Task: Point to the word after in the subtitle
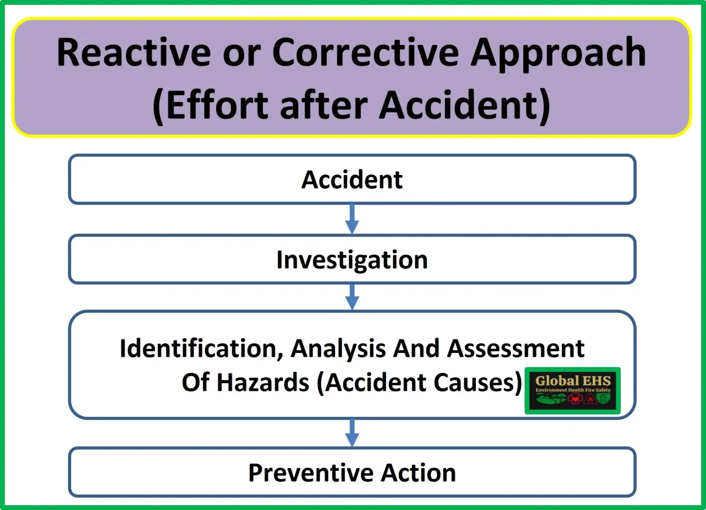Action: pyautogui.click(x=324, y=104)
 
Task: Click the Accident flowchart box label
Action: pyautogui.click(x=352, y=179)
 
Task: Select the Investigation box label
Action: pyautogui.click(x=352, y=261)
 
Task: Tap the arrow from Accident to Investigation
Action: pyautogui.click(x=352, y=219)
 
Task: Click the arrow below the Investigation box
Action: pyautogui.click(x=352, y=297)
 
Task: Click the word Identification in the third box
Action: pyautogui.click(x=201, y=349)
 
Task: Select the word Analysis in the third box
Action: pyautogui.click(x=338, y=349)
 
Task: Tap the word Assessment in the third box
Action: pyautogui.click(x=516, y=348)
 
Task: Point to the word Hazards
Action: pyautogui.click(x=263, y=382)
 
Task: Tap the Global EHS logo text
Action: pyautogui.click(x=573, y=381)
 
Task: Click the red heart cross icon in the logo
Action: pyautogui.click(x=575, y=399)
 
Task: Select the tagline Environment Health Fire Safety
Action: pyautogui.click(x=573, y=390)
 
